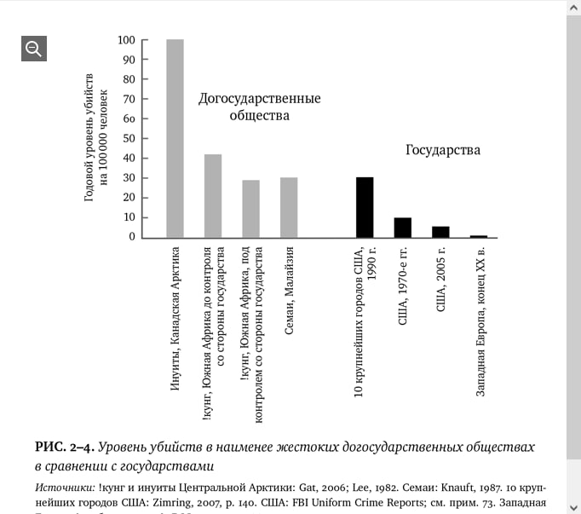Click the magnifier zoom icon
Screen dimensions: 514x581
point(34,49)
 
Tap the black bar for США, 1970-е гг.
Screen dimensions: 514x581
point(403,228)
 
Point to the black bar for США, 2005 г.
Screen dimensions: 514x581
point(440,232)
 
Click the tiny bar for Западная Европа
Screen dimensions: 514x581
point(479,236)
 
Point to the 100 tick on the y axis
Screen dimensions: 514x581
point(127,40)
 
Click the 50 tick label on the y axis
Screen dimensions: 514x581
point(129,138)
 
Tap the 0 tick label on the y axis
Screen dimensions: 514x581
point(132,237)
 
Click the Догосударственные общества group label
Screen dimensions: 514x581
point(259,107)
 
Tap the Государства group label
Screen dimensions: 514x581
point(442,150)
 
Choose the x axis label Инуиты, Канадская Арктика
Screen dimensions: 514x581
point(175,319)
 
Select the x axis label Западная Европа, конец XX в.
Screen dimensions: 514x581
point(480,322)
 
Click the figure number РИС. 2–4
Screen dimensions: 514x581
point(64,447)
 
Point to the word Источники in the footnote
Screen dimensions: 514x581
point(65,488)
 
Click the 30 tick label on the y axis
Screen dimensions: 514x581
point(129,178)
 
